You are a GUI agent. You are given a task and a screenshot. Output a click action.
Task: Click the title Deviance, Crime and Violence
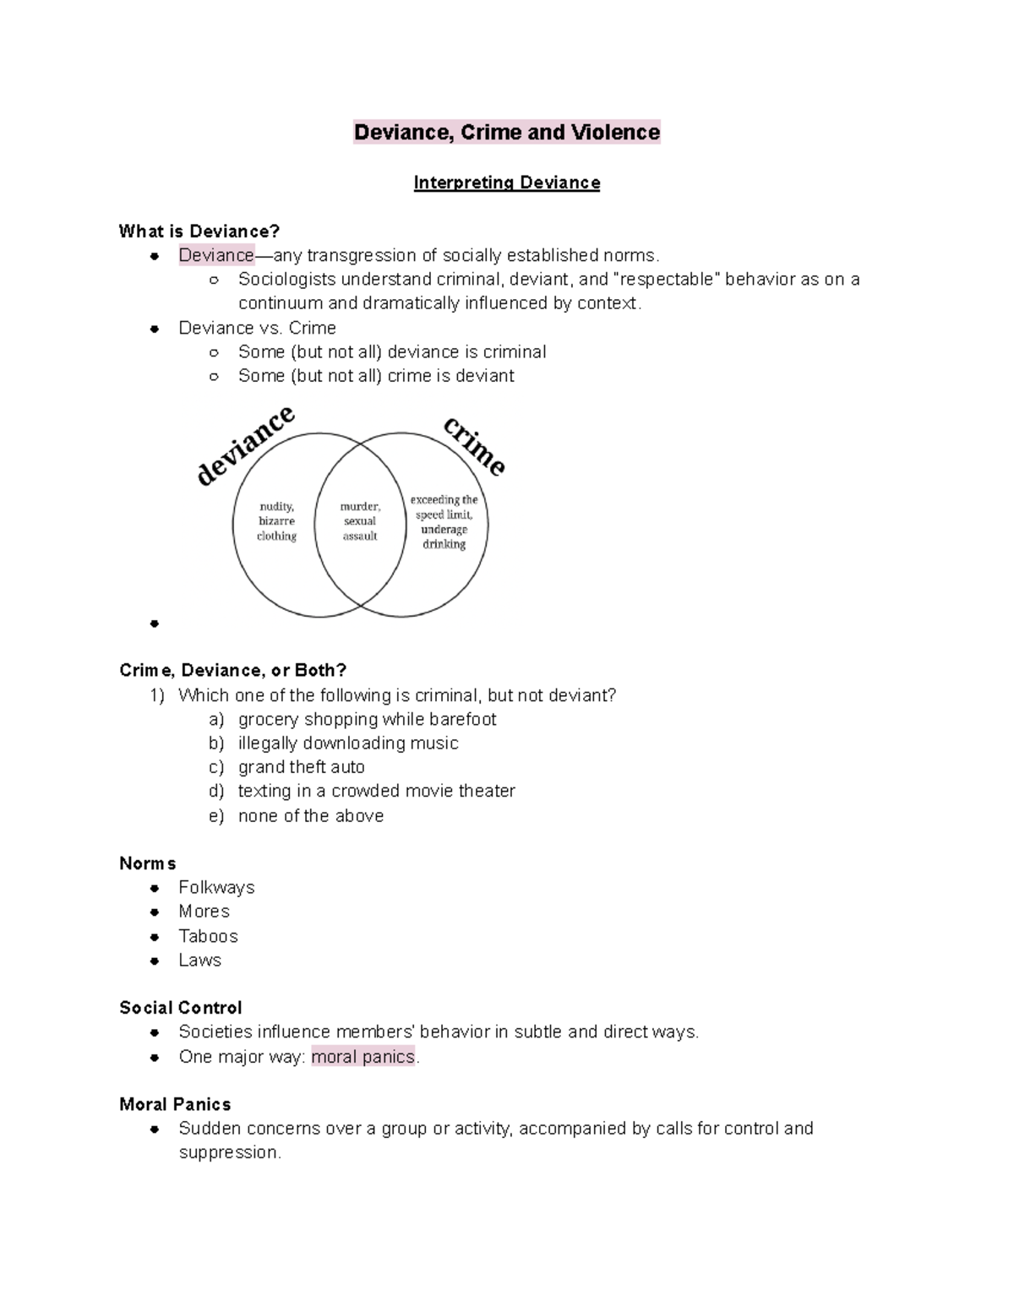click(506, 133)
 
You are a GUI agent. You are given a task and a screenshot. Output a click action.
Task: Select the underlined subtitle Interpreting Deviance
click(506, 183)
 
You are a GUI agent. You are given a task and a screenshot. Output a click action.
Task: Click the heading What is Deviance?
click(199, 231)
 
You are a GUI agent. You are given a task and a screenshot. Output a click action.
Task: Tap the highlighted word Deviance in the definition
click(216, 255)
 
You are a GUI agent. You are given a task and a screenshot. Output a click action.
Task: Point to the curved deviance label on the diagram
click(245, 445)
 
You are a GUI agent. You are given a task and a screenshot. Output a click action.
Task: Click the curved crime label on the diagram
click(475, 446)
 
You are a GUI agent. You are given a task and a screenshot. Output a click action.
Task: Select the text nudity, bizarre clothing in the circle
click(276, 521)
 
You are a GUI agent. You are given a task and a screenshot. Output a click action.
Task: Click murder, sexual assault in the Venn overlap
click(360, 521)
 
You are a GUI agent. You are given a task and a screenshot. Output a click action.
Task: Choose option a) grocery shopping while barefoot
click(367, 719)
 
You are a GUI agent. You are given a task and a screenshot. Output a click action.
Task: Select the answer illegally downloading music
click(348, 743)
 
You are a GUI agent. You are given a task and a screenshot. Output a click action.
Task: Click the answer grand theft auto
click(302, 767)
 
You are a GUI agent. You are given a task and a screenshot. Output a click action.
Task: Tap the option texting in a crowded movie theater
click(376, 791)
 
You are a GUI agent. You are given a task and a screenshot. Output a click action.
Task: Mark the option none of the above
click(311, 816)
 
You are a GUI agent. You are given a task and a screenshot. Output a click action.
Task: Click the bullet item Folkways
click(216, 887)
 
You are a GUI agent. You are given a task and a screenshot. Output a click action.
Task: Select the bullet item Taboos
click(208, 936)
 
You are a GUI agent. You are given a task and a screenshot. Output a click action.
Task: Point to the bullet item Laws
click(199, 961)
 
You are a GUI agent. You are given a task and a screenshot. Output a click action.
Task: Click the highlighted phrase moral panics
click(363, 1057)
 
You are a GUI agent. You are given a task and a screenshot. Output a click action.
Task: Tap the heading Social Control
click(180, 1008)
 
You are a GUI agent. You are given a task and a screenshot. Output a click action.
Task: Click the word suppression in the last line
click(228, 1152)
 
